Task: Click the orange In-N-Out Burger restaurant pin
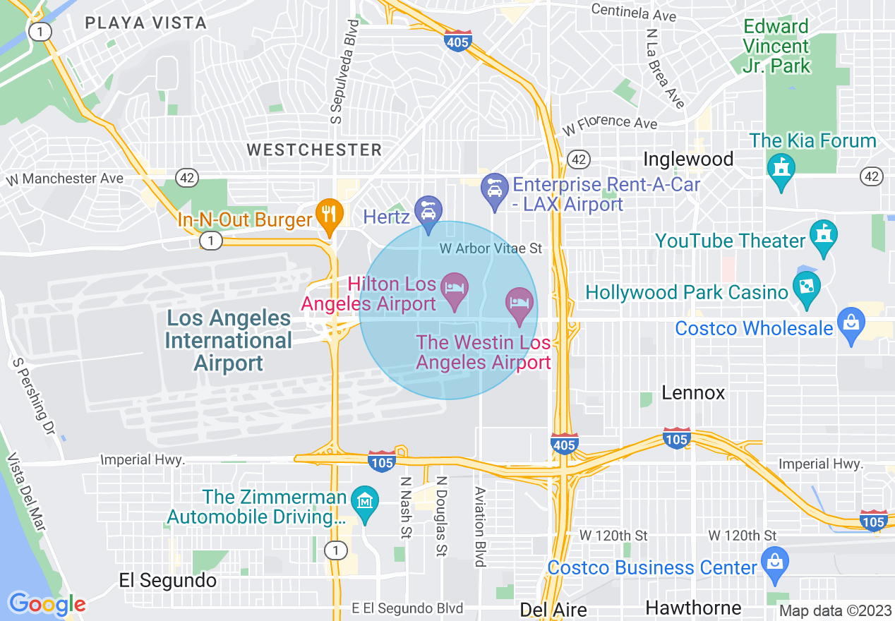329,214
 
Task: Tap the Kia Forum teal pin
781,169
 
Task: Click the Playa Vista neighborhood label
145,23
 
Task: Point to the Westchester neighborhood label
314,150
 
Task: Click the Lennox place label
693,393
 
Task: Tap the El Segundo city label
168,581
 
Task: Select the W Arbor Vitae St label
491,248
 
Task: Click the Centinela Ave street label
633,12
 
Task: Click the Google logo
47,603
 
